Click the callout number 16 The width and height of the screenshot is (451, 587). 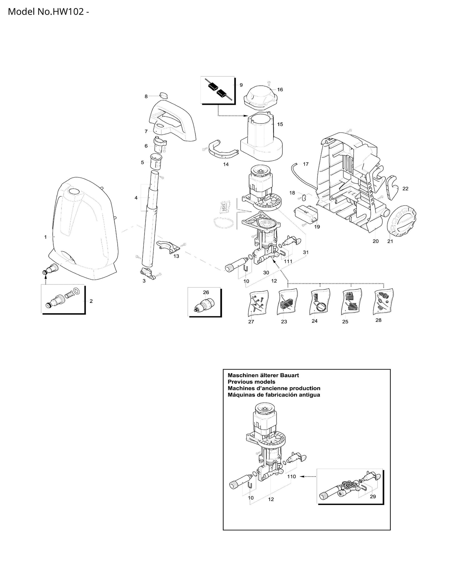pyautogui.click(x=280, y=90)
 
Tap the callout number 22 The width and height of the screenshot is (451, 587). pyautogui.click(x=405, y=189)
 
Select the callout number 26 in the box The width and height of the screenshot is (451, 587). pyautogui.click(x=206, y=293)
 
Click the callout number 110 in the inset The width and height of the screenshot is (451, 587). pyautogui.click(x=292, y=477)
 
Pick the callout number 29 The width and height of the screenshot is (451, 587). pyautogui.click(x=373, y=497)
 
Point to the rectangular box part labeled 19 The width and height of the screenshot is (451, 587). pyautogui.click(x=306, y=214)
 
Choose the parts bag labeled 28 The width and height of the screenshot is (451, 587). pyautogui.click(x=383, y=301)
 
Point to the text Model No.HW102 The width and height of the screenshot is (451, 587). pyautogui.click(x=46, y=12)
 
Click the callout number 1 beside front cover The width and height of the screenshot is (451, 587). pyautogui.click(x=46, y=237)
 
